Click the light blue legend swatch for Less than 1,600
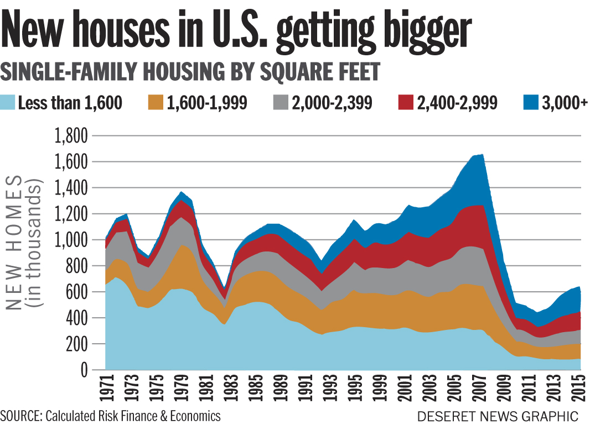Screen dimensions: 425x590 [x=9, y=103]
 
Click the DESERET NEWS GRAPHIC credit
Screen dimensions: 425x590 [x=498, y=416]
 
